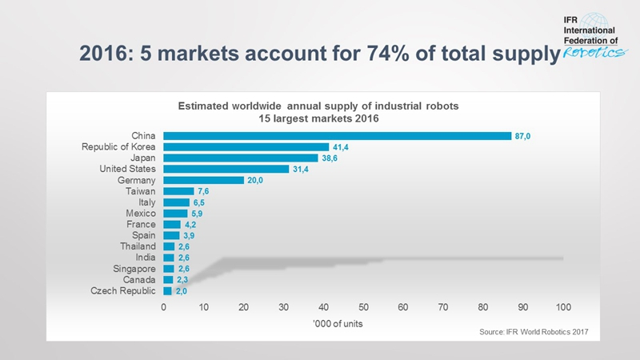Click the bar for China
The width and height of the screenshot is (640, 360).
pos(337,136)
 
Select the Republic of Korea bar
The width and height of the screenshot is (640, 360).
pos(246,147)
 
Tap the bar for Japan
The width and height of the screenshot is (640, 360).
pos(241,158)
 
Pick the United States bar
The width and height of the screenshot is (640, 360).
pos(226,170)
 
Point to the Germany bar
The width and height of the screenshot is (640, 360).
pos(203,181)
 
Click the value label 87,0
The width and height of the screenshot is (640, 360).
pos(523,136)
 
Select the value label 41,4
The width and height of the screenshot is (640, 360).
pos(341,147)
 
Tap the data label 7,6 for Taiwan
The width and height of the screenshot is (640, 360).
pos(203,192)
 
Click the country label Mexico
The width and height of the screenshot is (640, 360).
pos(141,214)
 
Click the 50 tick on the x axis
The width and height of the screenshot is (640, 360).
pos(363,307)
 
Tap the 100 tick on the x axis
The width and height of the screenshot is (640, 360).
pos(563,307)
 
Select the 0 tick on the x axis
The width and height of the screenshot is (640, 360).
pos(164,307)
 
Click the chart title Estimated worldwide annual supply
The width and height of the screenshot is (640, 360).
pos(318,106)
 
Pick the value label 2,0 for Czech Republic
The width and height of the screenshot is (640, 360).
pos(181,291)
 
